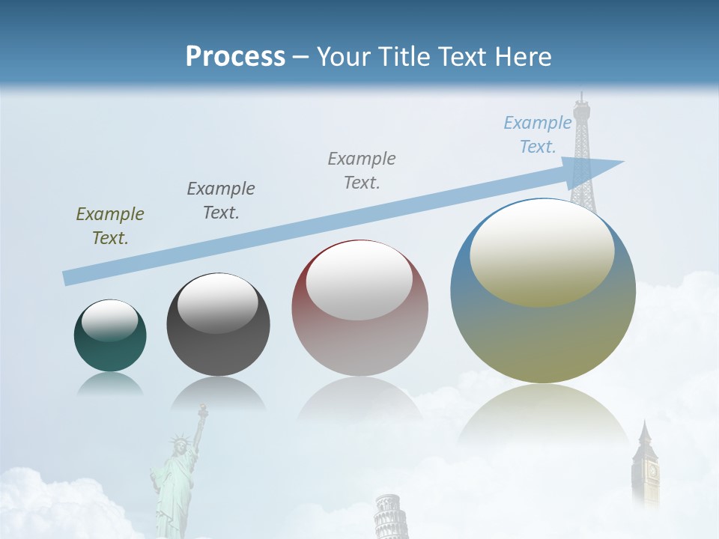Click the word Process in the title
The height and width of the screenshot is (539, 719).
pos(235,57)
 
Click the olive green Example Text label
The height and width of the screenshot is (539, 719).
pos(110,226)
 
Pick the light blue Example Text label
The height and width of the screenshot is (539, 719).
pos(538,135)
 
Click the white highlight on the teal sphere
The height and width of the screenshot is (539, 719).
pos(110,320)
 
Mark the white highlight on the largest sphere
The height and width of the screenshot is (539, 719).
pos(542,253)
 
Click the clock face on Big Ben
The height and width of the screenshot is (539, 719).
pos(652,472)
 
